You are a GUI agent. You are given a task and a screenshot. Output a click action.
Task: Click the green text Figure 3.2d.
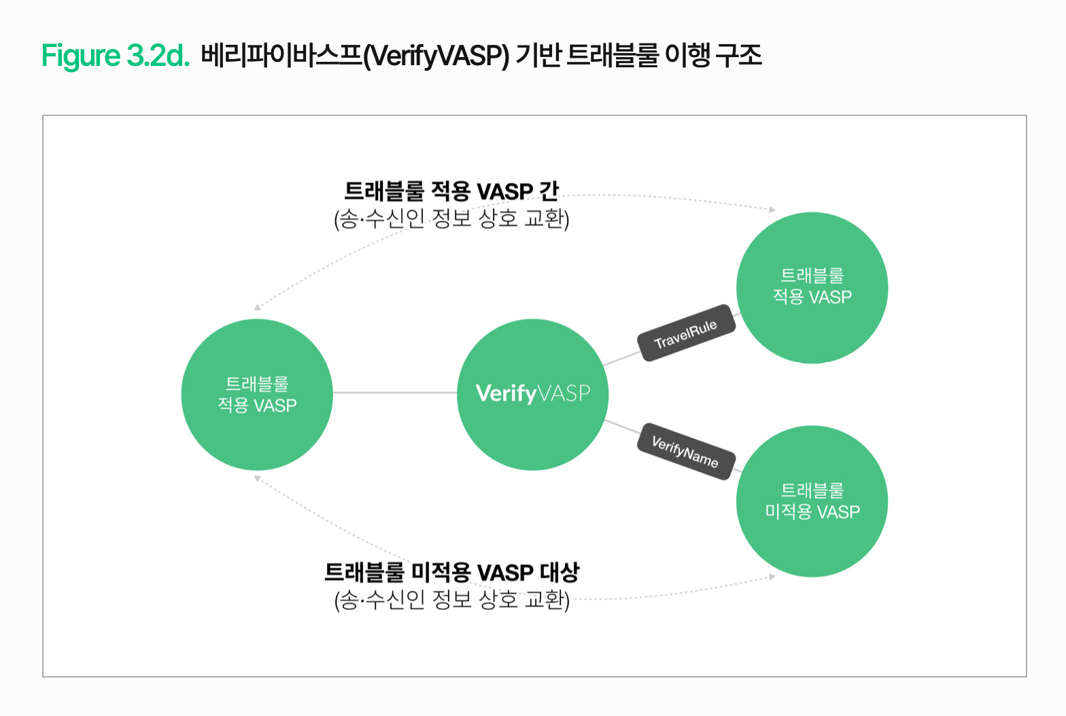(115, 55)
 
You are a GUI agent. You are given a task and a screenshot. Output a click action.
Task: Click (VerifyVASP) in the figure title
(436, 56)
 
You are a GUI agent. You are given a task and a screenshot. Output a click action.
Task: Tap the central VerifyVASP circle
(532, 394)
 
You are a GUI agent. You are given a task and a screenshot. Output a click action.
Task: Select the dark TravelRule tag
(686, 333)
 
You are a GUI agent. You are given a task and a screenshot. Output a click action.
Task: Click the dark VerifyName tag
(685, 452)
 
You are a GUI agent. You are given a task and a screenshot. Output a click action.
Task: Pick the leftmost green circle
(257, 394)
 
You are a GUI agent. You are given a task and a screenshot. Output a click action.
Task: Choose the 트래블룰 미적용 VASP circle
(812, 501)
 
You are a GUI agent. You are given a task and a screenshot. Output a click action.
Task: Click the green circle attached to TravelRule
(812, 287)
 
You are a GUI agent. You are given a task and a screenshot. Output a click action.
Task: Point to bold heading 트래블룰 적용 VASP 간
(451, 192)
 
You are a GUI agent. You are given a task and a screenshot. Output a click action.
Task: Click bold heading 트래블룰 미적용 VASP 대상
(451, 573)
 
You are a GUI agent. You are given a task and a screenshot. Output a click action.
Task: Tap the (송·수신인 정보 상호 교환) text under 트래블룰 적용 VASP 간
(451, 219)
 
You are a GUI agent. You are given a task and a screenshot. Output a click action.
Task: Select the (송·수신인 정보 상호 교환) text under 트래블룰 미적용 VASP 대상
(451, 600)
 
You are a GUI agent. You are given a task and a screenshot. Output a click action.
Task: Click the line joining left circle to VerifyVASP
(394, 393)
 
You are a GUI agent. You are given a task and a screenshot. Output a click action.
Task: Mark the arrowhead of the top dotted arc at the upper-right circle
(772, 209)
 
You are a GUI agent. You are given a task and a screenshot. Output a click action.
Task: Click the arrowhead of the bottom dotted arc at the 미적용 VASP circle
(772, 577)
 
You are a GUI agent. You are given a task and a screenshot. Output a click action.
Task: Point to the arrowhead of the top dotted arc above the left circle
(257, 308)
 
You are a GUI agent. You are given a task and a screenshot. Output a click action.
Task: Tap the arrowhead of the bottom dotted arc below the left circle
(257, 478)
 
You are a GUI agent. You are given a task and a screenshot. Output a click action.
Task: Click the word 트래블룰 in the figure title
(612, 55)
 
